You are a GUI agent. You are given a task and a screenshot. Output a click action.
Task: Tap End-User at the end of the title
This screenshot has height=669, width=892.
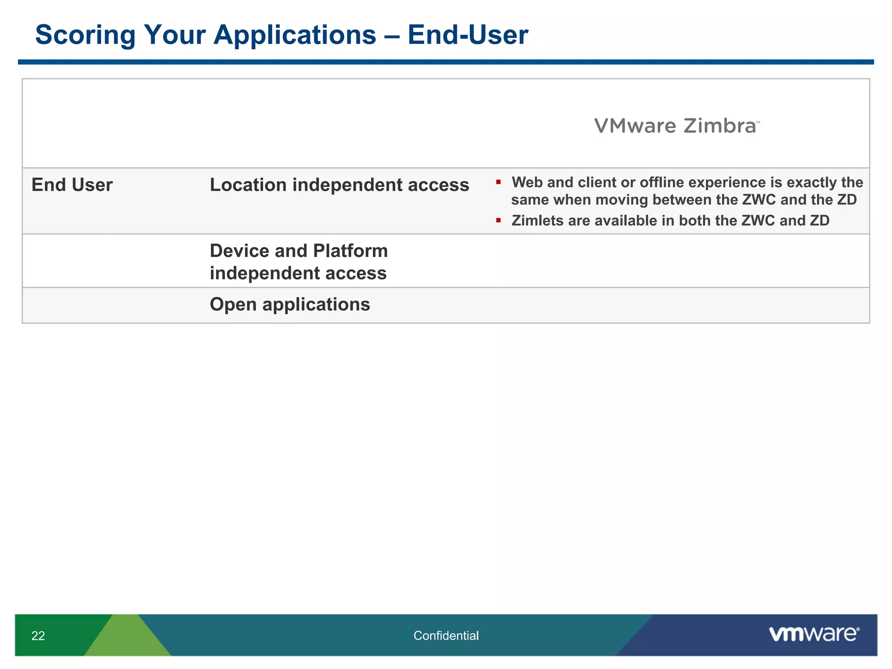point(468,35)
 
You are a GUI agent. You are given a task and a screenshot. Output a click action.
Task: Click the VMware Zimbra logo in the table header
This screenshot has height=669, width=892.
point(677,126)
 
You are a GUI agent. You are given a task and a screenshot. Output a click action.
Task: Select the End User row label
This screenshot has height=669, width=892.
point(72,185)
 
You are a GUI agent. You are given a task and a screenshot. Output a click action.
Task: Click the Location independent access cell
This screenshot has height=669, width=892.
point(339,185)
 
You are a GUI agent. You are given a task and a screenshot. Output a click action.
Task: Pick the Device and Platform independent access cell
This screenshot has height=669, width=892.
point(298,262)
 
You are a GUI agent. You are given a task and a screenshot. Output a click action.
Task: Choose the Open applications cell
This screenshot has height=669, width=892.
point(290,304)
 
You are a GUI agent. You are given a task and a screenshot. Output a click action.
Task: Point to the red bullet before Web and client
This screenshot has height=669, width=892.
point(498,182)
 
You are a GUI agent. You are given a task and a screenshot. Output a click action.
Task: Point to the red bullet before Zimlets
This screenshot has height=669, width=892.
point(498,220)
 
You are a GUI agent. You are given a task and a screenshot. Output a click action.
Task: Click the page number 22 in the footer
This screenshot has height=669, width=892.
point(38,636)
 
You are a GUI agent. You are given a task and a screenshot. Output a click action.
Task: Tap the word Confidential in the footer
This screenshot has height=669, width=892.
point(446,636)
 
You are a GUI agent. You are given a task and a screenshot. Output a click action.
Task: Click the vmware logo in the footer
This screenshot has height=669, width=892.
point(814,634)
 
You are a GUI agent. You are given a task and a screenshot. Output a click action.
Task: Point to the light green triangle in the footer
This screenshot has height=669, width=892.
point(128,640)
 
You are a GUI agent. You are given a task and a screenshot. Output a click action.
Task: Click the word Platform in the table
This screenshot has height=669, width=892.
point(350,251)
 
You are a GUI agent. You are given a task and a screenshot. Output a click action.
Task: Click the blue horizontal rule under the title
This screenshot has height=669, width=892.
point(446,62)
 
